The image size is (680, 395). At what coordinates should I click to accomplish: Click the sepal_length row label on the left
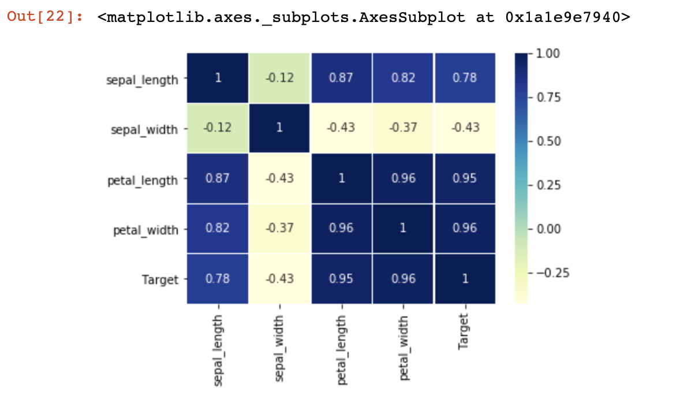click(142, 80)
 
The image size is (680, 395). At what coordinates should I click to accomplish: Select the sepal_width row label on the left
click(144, 129)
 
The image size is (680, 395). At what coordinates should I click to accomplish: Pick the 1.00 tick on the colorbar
click(548, 54)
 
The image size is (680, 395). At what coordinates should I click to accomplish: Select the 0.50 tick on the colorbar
click(548, 141)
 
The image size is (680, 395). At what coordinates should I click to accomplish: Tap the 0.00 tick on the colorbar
click(548, 229)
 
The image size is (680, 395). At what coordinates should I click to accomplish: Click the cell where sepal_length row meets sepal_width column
click(279, 78)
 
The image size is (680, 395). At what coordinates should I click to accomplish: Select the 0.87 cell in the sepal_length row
click(341, 78)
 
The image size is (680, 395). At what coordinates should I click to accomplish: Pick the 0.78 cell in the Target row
click(218, 278)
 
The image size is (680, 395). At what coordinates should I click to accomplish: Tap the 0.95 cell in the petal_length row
click(465, 178)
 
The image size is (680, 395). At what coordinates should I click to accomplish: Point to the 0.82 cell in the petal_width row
click(218, 228)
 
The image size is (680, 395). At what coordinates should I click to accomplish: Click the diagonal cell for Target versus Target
click(465, 278)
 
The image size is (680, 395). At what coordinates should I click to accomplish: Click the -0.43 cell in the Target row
click(279, 278)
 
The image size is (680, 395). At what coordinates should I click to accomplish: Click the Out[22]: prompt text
click(44, 17)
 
